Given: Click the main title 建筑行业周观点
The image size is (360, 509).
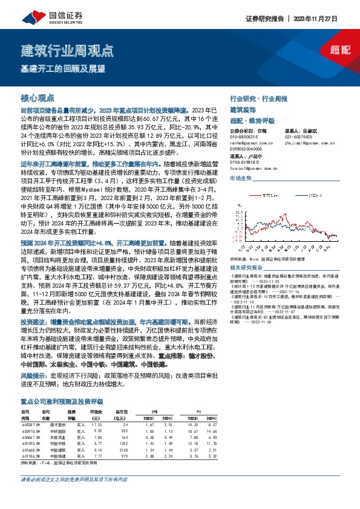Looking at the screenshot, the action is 67,50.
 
